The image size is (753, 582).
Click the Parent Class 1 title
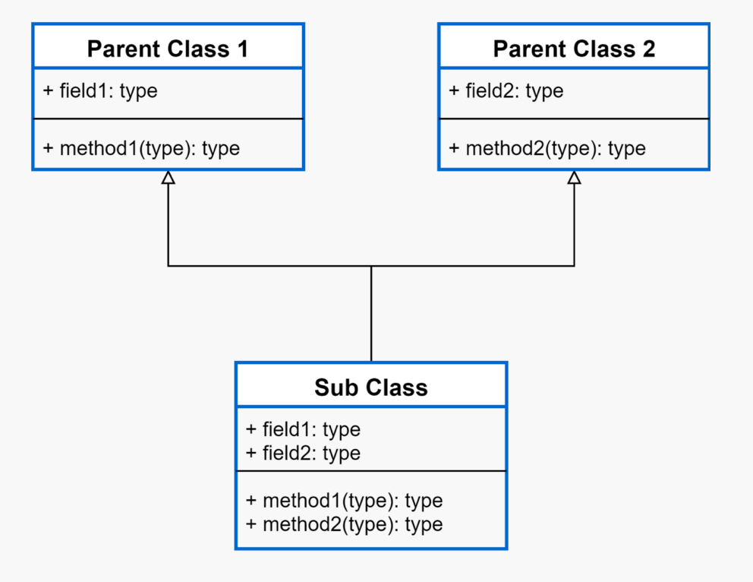tap(168, 49)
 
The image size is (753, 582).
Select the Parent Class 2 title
tap(574, 49)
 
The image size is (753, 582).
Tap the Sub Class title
tap(370, 387)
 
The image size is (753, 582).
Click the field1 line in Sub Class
tap(303, 429)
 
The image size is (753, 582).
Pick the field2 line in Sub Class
tap(303, 453)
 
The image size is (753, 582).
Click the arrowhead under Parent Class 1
tap(168, 177)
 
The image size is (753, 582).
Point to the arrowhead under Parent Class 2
tap(575, 177)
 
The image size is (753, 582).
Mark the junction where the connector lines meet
tap(371, 266)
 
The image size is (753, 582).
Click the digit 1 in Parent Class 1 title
tap(242, 49)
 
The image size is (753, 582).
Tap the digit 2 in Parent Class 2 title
tap(649, 49)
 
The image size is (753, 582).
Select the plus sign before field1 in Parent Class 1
tap(48, 91)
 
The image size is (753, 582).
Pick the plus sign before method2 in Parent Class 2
tap(454, 148)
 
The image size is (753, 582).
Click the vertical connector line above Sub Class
tap(371, 313)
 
